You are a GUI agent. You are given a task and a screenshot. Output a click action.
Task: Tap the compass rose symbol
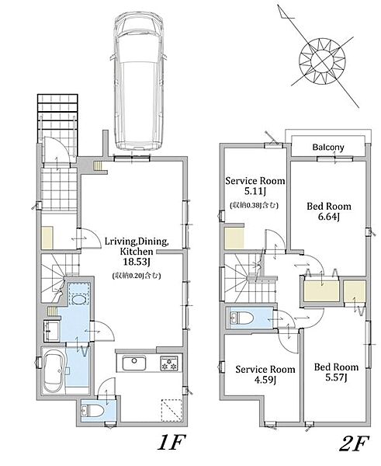pyautogui.click(x=322, y=61)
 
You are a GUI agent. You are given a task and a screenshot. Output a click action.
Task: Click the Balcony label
pyautogui.click(x=328, y=147)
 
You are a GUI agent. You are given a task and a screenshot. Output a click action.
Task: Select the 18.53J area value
pyautogui.click(x=137, y=263)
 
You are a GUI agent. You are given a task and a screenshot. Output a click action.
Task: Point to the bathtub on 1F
pyautogui.click(x=53, y=370)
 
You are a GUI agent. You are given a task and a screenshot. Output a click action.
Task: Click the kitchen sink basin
pyautogui.click(x=134, y=363)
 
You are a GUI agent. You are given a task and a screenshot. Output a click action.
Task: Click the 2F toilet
pyautogui.click(x=241, y=318)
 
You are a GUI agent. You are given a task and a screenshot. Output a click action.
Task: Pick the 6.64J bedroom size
pyautogui.click(x=329, y=217)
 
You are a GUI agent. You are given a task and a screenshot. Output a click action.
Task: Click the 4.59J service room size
pyautogui.click(x=265, y=380)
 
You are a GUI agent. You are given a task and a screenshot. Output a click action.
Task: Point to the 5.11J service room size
pyautogui.click(x=255, y=191)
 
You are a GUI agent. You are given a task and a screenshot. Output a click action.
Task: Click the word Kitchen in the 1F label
pyautogui.click(x=137, y=252)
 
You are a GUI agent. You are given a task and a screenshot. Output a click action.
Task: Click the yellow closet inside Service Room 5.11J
pyautogui.click(x=234, y=238)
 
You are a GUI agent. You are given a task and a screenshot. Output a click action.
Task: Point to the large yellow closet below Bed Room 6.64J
pyautogui.click(x=322, y=290)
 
